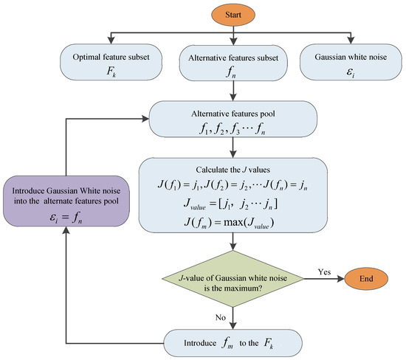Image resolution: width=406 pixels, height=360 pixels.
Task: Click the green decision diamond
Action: click(234, 281)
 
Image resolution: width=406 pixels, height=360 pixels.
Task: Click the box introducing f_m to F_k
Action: click(234, 342)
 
